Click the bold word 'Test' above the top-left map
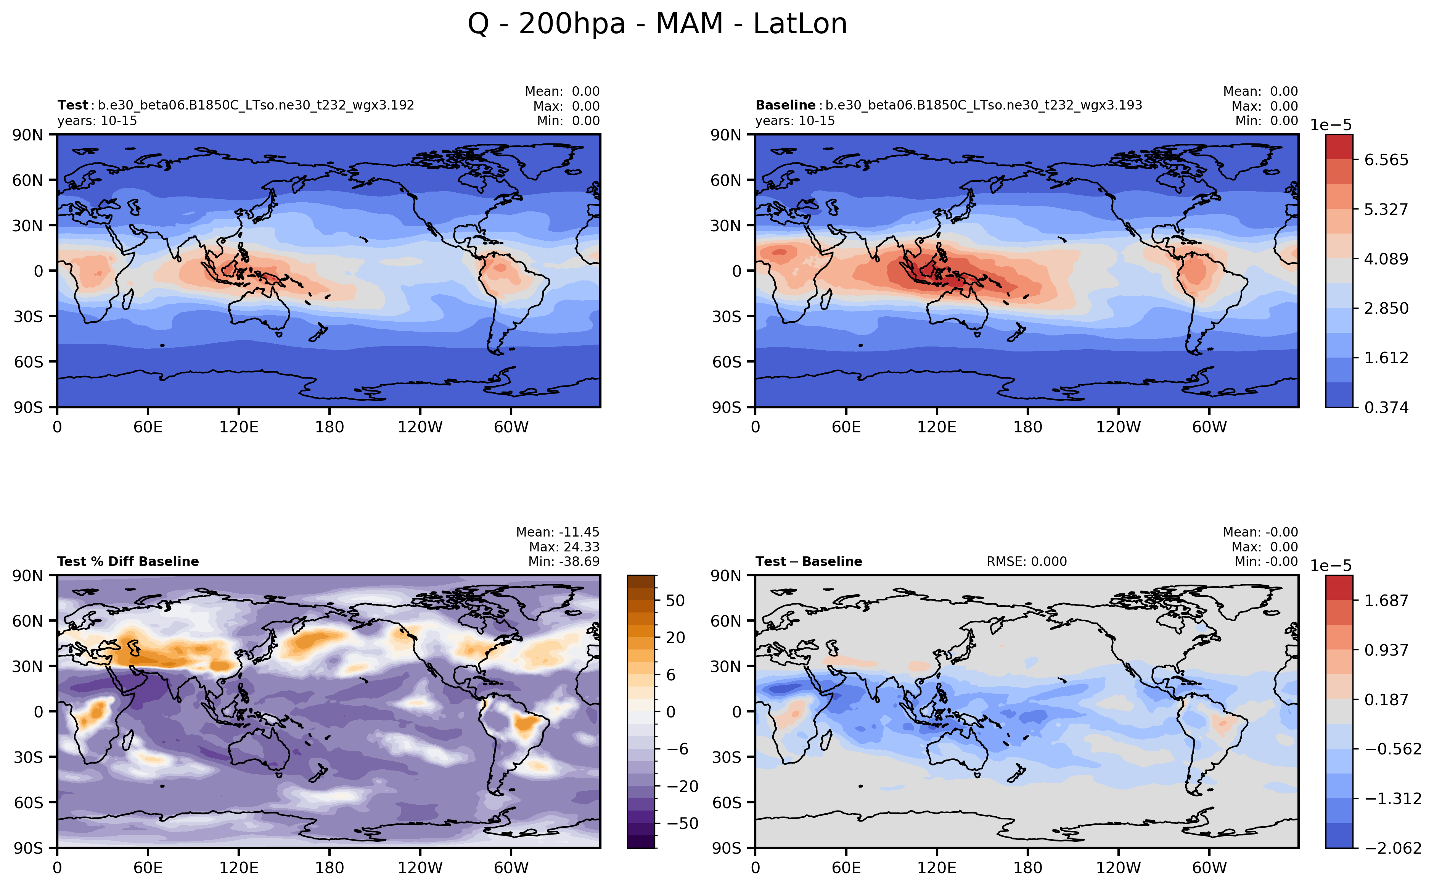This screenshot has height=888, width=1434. [x=73, y=105]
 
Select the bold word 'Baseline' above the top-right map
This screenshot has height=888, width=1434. [x=785, y=105]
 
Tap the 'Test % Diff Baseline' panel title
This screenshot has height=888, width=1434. [x=128, y=561]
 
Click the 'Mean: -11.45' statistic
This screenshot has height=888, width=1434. [x=557, y=532]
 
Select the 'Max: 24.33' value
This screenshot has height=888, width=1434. [x=564, y=547]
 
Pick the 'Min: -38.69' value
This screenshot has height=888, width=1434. [x=564, y=561]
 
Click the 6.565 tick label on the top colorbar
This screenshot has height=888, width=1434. [x=1386, y=160]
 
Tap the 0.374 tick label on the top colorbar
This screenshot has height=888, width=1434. [x=1386, y=408]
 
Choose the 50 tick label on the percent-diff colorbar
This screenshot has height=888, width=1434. [x=675, y=601]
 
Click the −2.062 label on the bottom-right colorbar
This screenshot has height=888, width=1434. [x=1393, y=848]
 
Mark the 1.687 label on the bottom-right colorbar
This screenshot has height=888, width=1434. [x=1386, y=601]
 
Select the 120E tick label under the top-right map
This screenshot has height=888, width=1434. [x=936, y=427]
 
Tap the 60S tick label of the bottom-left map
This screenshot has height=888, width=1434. [x=28, y=802]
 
